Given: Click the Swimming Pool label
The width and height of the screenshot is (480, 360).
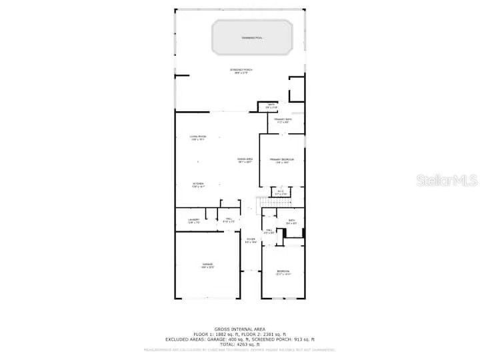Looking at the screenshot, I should [x=252, y=38].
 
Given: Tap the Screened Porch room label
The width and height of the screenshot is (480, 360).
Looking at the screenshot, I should [x=241, y=71].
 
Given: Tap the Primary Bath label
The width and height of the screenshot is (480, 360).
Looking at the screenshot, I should [x=282, y=120].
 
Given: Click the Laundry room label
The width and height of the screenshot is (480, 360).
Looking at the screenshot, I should [x=194, y=220].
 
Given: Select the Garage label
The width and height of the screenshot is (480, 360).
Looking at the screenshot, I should [x=208, y=266].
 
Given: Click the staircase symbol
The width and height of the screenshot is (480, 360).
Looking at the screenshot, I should [x=272, y=203].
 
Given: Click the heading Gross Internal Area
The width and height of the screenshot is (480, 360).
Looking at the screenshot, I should [x=240, y=329].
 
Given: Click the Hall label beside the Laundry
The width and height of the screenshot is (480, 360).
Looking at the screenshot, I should [x=228, y=219].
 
